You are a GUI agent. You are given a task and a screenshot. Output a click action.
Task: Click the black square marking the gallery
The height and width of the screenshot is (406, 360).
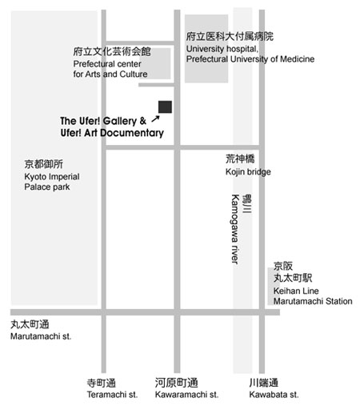point(165,107)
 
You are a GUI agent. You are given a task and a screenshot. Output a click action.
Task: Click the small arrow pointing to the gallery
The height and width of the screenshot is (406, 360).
point(155,119)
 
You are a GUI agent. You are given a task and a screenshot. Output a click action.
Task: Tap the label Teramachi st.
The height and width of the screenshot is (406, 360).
point(112,394)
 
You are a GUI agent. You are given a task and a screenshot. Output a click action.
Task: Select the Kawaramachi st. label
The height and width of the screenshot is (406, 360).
point(186,394)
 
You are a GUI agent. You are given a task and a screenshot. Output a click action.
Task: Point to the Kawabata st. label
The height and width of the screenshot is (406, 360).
point(274,394)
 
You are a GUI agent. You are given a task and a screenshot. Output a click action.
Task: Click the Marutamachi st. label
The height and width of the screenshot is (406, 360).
point(41,336)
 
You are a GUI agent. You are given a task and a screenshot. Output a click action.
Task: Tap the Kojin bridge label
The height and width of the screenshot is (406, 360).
point(248,171)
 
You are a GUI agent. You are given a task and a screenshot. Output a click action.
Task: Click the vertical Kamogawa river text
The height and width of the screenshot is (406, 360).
point(234,229)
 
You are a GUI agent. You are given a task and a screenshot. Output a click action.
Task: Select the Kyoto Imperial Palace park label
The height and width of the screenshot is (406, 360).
point(52,182)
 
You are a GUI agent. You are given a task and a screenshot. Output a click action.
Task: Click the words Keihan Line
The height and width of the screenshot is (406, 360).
point(296,291)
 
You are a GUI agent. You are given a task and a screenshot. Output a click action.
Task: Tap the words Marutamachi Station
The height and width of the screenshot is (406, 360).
point(313,301)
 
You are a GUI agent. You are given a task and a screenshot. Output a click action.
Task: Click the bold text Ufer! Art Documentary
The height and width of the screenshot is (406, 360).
point(112,133)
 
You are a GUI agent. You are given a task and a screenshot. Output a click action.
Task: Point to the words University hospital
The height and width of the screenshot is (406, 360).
point(222,49)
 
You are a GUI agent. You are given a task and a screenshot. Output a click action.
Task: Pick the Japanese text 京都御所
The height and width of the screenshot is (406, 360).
point(44,164)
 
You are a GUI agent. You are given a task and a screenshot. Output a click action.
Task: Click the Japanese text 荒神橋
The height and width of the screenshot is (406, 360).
point(240,159)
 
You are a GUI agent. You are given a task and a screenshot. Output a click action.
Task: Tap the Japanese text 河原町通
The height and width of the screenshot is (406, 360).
point(177,383)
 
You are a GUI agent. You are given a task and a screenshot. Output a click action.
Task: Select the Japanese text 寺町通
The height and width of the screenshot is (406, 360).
point(102,383)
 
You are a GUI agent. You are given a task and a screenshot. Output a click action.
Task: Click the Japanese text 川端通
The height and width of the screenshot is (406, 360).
point(264,383)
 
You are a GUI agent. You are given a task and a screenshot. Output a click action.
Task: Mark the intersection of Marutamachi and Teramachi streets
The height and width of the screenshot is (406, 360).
point(104,312)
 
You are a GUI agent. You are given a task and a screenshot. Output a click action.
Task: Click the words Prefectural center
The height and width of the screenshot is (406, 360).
point(107,64)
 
